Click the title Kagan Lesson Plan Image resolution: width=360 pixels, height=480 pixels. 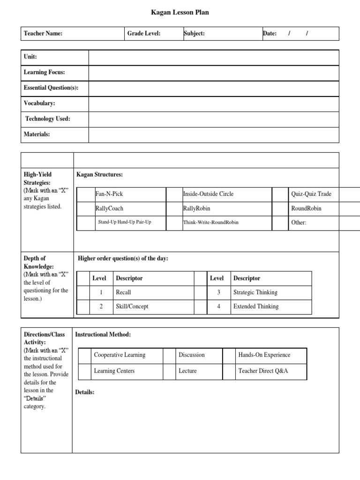coord(180,13)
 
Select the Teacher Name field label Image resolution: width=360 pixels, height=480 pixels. coord(43,34)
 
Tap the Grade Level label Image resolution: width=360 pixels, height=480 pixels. coord(144,34)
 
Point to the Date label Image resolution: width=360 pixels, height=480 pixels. coord(270,34)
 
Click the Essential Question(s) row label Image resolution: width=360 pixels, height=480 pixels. coord(51,88)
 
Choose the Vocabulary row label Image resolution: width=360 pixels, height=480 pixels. coord(39,103)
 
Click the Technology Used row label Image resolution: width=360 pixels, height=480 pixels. coord(48,119)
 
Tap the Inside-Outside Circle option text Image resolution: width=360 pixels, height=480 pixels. coord(208,194)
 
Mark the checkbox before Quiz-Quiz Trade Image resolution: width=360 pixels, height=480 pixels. coord(280,194)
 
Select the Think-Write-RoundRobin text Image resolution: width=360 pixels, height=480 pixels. coord(210,222)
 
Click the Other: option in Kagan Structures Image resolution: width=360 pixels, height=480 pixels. coord(299,223)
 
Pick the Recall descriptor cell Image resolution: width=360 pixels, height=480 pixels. coord(124,292)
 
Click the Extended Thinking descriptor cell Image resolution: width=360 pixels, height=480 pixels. coord(256,307)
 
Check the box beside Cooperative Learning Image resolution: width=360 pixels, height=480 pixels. coord(84,355)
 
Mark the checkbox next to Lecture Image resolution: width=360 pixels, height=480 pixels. coord(169,371)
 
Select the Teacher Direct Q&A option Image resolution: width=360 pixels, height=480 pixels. coord(263,371)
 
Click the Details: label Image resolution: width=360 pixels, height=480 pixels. coord(85,392)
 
